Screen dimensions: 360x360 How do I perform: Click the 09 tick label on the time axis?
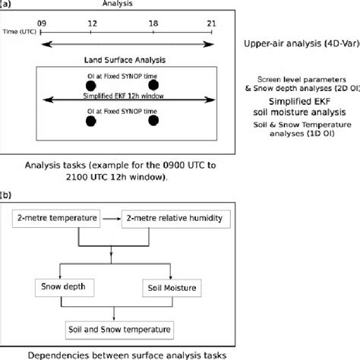pyautogui.click(x=43, y=22)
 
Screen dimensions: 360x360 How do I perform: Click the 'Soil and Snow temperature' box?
pyautogui.click(x=115, y=330)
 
